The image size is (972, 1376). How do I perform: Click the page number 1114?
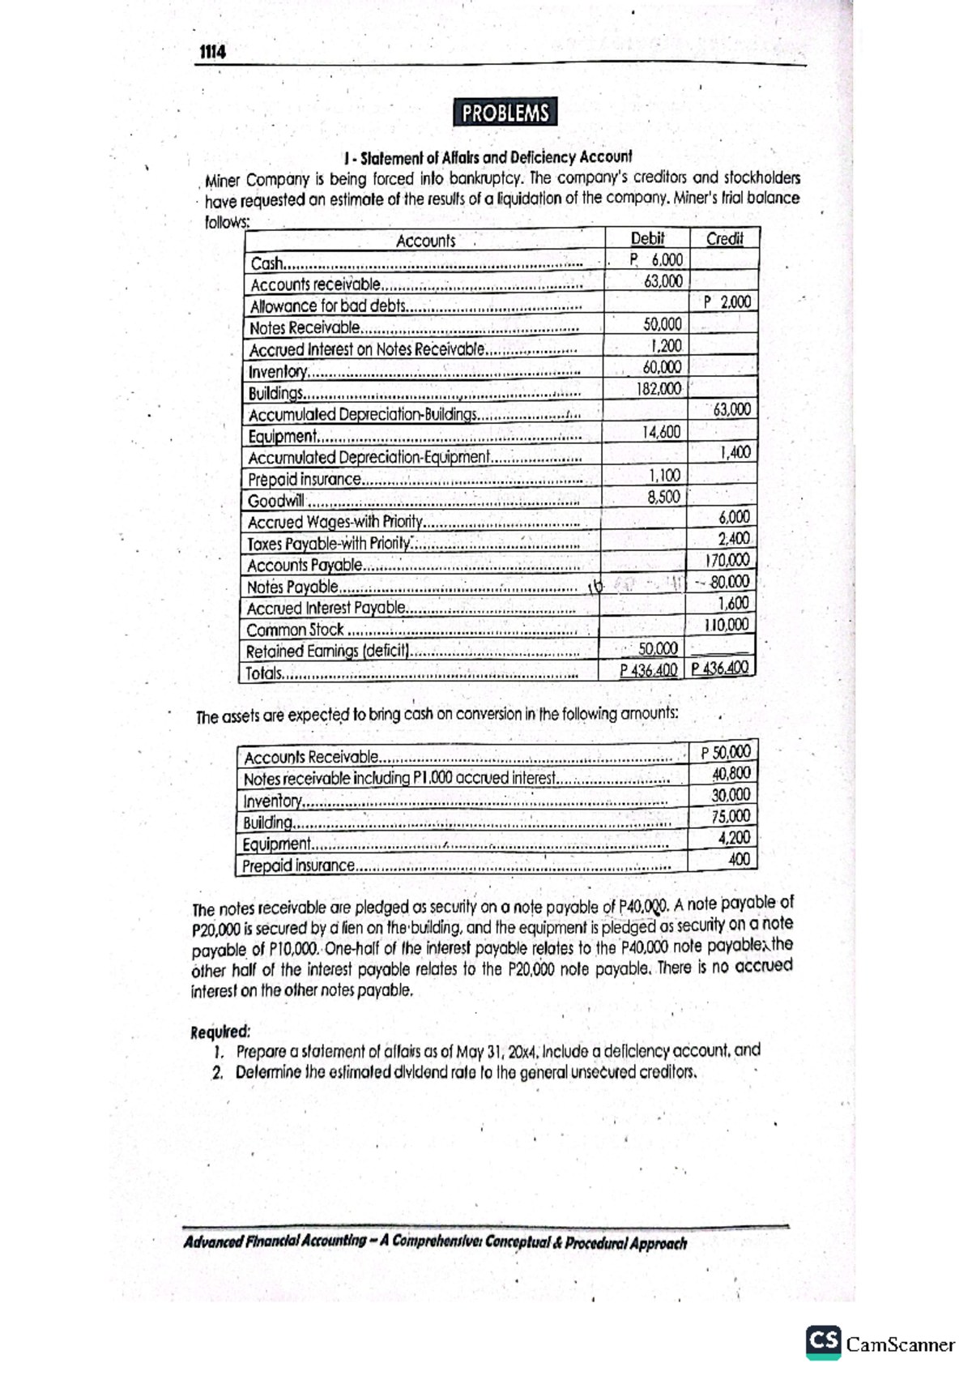[212, 53]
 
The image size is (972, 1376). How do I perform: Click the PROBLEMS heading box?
[505, 113]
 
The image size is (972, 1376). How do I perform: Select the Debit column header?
[647, 238]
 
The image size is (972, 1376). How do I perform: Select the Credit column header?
[724, 238]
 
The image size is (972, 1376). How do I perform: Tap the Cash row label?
[266, 263]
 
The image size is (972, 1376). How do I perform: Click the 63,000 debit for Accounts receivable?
[663, 281]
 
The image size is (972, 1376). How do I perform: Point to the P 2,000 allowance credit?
[727, 302]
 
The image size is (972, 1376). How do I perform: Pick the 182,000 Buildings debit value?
[659, 389]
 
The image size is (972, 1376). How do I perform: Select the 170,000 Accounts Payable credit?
[727, 560]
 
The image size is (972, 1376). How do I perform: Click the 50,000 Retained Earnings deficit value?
[658, 648]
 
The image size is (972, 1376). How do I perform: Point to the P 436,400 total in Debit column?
[648, 670]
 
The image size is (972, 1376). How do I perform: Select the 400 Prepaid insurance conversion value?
[739, 859]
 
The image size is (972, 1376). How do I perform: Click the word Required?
[220, 1032]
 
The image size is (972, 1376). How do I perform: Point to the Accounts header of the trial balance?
[425, 241]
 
